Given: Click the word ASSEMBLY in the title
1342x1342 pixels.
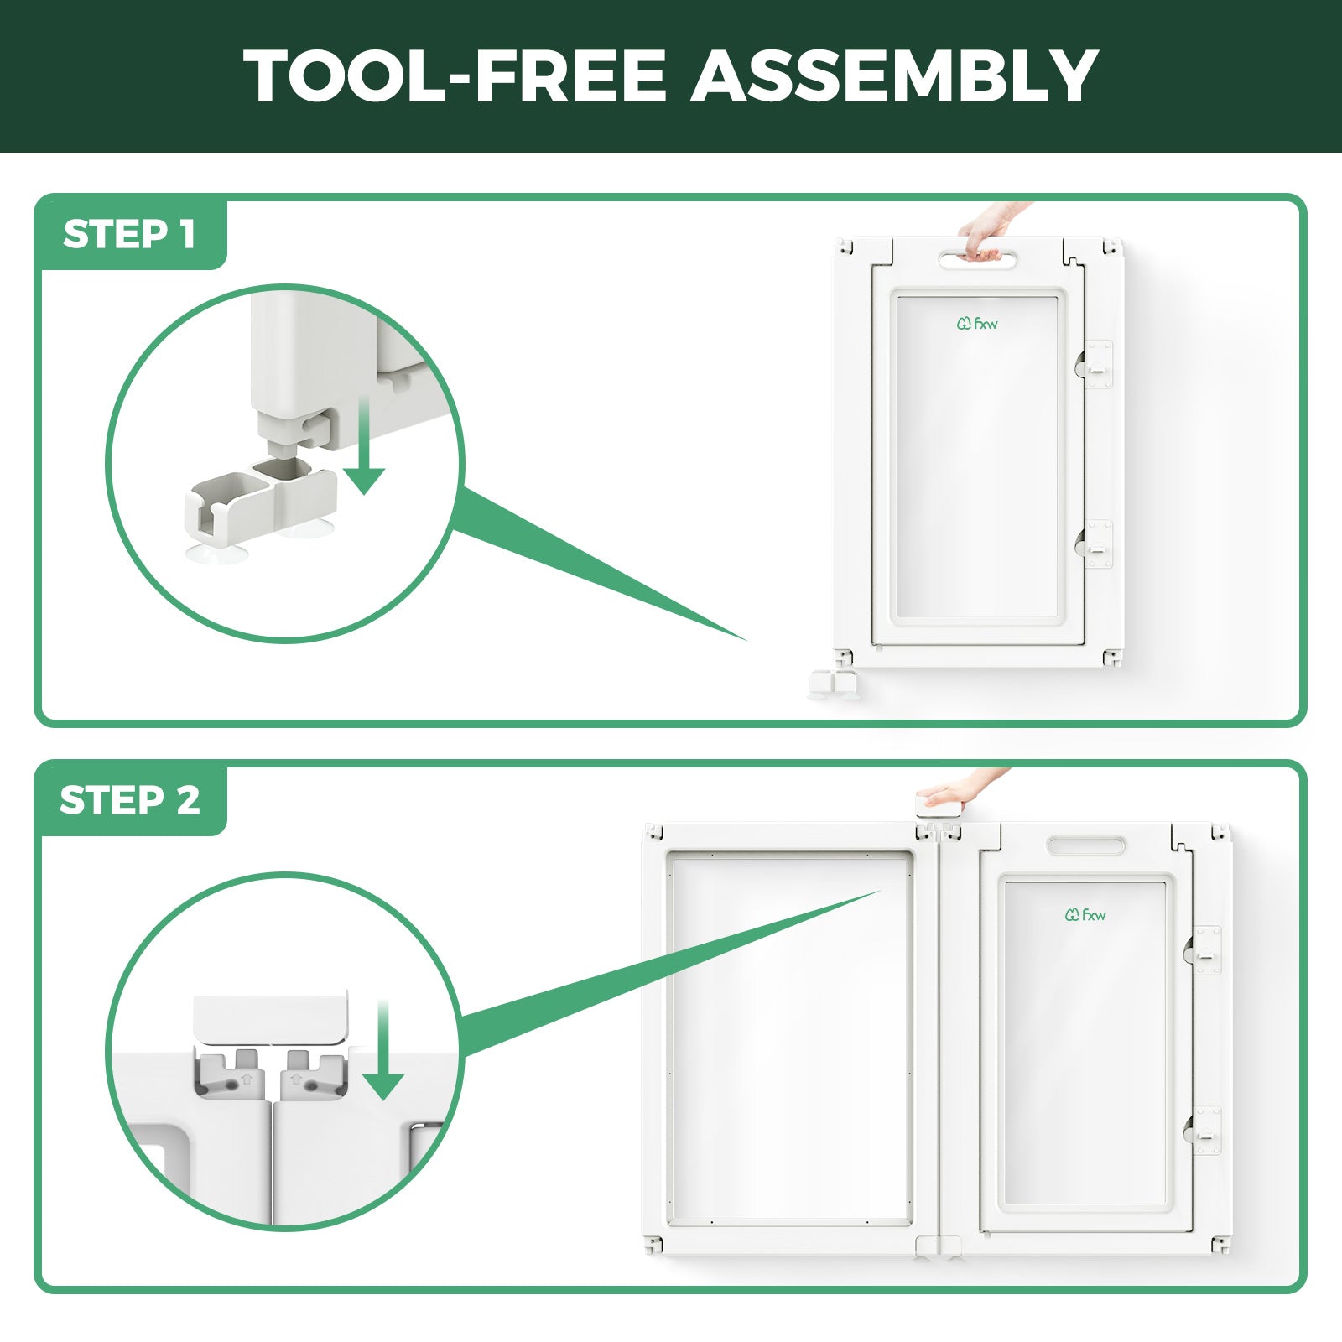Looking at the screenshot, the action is (894, 75).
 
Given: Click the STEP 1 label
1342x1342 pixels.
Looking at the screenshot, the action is (129, 234).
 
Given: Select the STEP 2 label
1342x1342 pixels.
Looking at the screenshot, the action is (130, 800).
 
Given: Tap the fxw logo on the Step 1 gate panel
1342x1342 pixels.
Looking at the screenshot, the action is (977, 323).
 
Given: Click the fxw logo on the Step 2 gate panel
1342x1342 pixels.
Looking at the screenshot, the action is (1085, 914).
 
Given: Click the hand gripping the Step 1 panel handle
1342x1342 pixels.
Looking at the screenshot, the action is (990, 230).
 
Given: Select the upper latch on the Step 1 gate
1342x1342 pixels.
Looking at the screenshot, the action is (1095, 364).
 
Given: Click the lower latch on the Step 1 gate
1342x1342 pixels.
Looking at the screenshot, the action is (1095, 544).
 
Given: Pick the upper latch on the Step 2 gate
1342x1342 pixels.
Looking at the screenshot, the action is (1203, 950).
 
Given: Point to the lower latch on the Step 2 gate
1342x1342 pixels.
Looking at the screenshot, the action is (1203, 1130).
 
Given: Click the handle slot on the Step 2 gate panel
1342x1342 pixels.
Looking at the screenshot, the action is (1085, 845).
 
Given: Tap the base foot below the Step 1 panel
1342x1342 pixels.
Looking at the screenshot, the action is (832, 684).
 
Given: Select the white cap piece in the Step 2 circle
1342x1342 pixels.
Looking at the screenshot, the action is (269, 1017).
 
